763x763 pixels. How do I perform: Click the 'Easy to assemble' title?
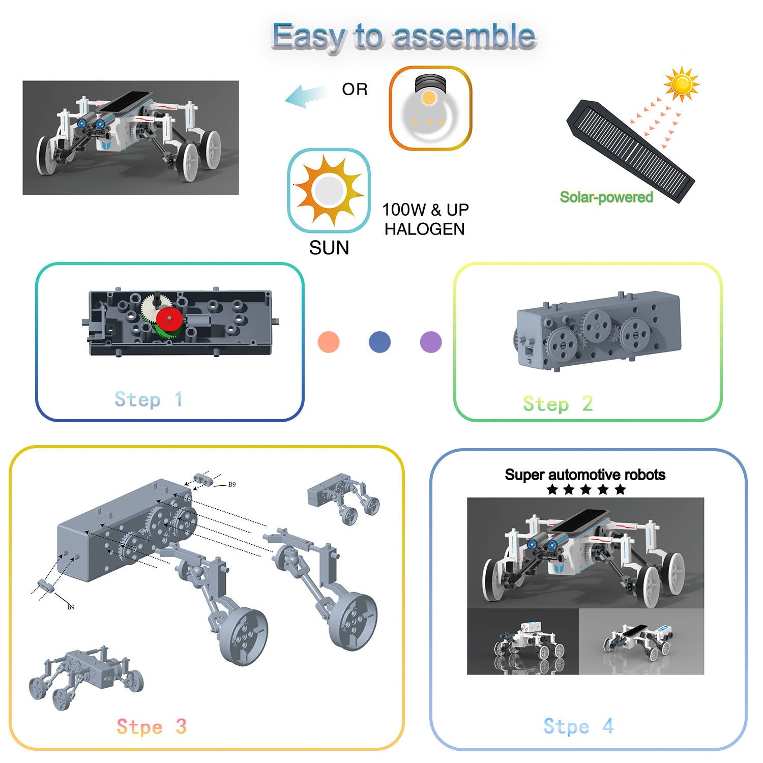(404, 36)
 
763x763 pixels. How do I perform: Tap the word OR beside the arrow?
(355, 90)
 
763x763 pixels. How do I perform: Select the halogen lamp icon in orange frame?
(430, 108)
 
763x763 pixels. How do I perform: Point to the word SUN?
(329, 248)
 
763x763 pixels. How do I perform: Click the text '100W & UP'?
(425, 210)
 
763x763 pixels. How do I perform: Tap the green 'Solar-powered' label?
(606, 197)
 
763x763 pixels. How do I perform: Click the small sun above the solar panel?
(682, 84)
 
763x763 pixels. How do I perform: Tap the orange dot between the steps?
(329, 342)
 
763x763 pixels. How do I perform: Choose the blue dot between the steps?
(379, 342)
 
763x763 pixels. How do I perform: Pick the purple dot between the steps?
(431, 342)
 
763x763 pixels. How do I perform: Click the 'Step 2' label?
(558, 404)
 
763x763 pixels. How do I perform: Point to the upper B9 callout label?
(232, 485)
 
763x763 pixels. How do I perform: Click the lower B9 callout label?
(71, 607)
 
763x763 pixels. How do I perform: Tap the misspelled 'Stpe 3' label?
(152, 727)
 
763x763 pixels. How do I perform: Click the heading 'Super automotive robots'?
(585, 475)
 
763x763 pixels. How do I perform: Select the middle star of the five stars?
(586, 490)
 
